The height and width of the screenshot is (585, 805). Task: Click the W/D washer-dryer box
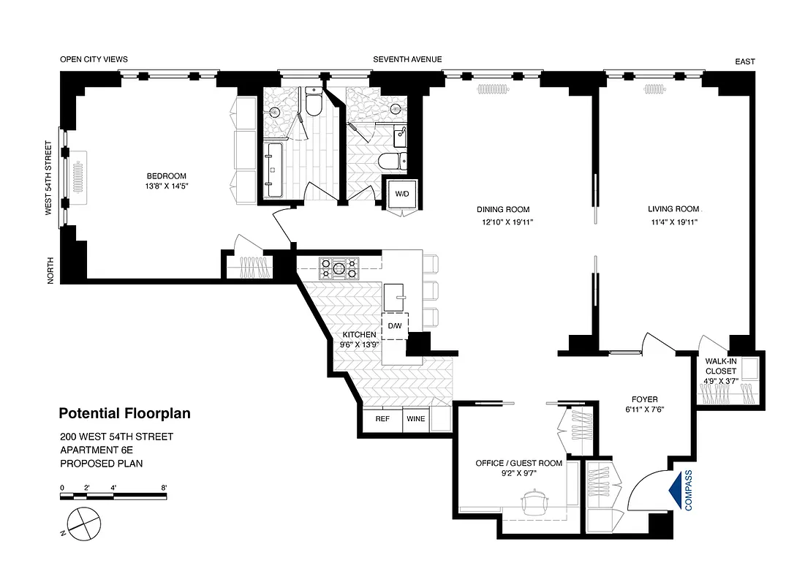point(402,195)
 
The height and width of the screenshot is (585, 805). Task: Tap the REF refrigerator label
point(382,419)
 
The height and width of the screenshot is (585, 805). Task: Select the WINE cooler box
point(415,419)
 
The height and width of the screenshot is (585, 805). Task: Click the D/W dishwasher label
point(395,325)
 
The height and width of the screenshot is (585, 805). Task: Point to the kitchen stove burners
point(339,268)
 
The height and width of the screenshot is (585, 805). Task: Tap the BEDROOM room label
point(167,175)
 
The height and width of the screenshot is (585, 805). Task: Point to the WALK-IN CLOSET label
point(721,366)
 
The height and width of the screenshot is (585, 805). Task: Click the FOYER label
point(644,399)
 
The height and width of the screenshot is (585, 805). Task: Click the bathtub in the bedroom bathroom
point(276,170)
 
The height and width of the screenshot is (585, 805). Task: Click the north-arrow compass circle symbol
point(81,522)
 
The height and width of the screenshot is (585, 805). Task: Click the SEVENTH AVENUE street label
point(407,59)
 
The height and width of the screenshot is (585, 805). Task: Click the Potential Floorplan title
point(124,414)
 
